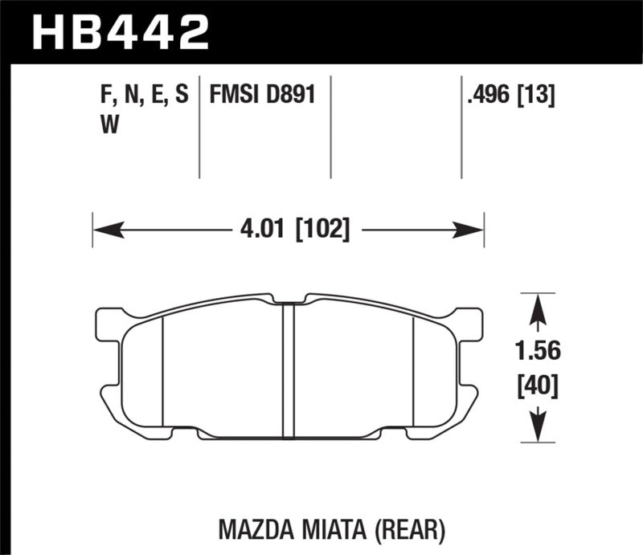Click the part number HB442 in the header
tap(120, 32)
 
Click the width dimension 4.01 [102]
tap(293, 231)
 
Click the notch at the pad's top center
tap(289, 299)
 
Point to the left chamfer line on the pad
tap(163, 369)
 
